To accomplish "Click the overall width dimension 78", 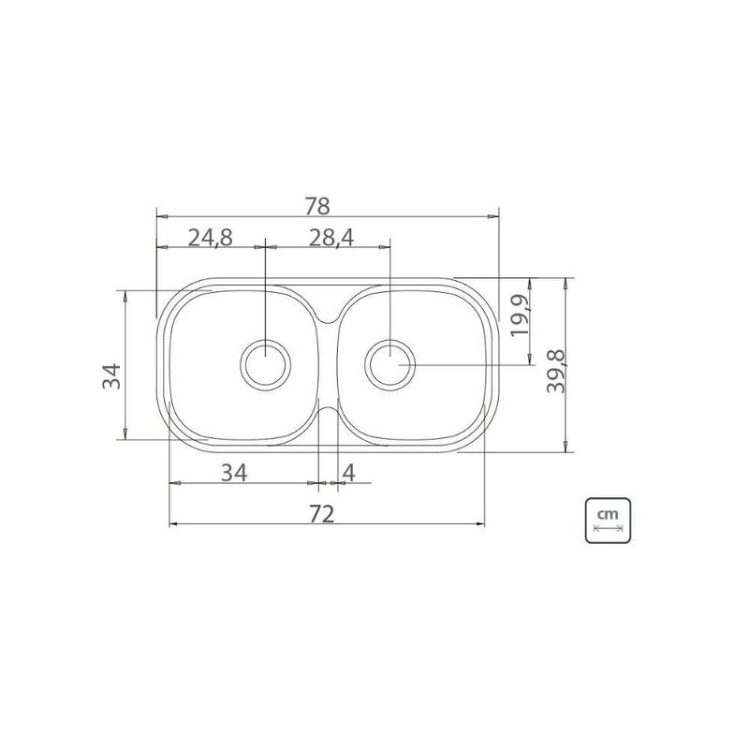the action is (317, 206).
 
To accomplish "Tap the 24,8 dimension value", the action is (210, 238).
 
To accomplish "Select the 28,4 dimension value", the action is (331, 238).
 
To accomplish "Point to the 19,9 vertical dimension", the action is (520, 316).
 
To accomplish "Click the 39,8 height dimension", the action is (555, 371).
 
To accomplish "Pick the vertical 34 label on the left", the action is (111, 376).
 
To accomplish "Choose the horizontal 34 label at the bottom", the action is (234, 473).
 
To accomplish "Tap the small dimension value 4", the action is (348, 473).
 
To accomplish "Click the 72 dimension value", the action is (321, 514).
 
